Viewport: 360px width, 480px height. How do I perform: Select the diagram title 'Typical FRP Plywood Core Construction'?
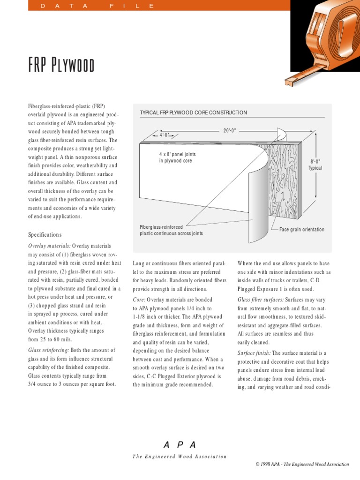[193, 113]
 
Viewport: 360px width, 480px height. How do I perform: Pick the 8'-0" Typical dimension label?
[315, 165]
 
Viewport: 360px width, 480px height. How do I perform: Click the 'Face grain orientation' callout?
[301, 230]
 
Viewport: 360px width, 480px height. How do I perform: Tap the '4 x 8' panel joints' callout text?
[177, 157]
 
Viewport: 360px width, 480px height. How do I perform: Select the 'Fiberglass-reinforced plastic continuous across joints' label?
[171, 230]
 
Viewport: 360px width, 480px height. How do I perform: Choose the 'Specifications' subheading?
[45, 234]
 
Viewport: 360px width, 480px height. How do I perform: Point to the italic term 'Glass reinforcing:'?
[49, 350]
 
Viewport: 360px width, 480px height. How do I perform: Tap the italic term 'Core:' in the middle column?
[139, 300]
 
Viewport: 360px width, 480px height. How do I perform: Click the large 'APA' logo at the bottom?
[180, 445]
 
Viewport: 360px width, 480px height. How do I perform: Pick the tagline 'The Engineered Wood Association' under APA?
[180, 457]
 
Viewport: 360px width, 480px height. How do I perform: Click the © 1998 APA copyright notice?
[302, 465]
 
